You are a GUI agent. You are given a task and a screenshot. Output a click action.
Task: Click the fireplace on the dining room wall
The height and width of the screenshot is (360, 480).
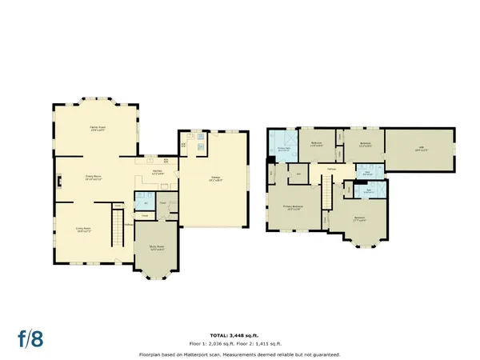(57, 182)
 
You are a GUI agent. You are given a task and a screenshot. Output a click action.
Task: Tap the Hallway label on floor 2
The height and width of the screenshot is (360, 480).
(331, 169)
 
